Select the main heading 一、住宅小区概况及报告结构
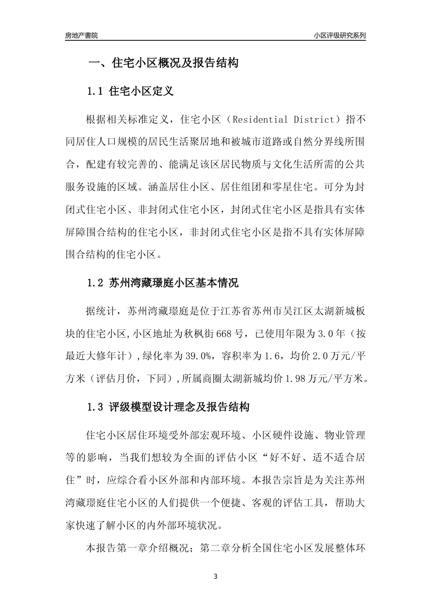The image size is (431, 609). click(x=163, y=63)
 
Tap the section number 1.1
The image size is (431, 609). click(x=96, y=92)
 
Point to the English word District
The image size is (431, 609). click(x=312, y=120)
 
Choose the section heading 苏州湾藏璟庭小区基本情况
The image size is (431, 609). click(x=174, y=284)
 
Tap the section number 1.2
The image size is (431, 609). click(x=96, y=284)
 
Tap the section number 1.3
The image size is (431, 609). click(x=96, y=407)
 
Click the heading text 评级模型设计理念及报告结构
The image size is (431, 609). click(x=179, y=407)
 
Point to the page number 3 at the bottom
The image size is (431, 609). click(x=215, y=577)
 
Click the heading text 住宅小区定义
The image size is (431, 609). click(x=142, y=92)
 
